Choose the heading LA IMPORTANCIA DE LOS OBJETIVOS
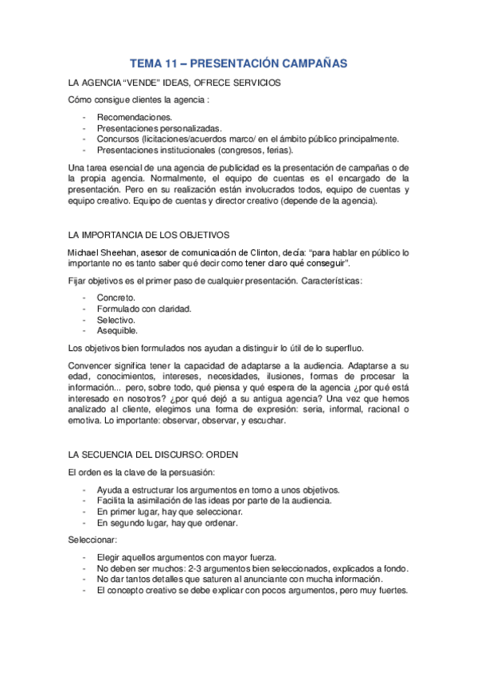click(149, 235)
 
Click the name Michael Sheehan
click(101, 252)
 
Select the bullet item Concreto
click(115, 298)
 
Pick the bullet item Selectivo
click(117, 319)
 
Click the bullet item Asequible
click(117, 330)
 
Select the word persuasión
click(191, 472)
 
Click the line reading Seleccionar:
click(92, 540)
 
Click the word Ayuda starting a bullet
click(111, 490)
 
